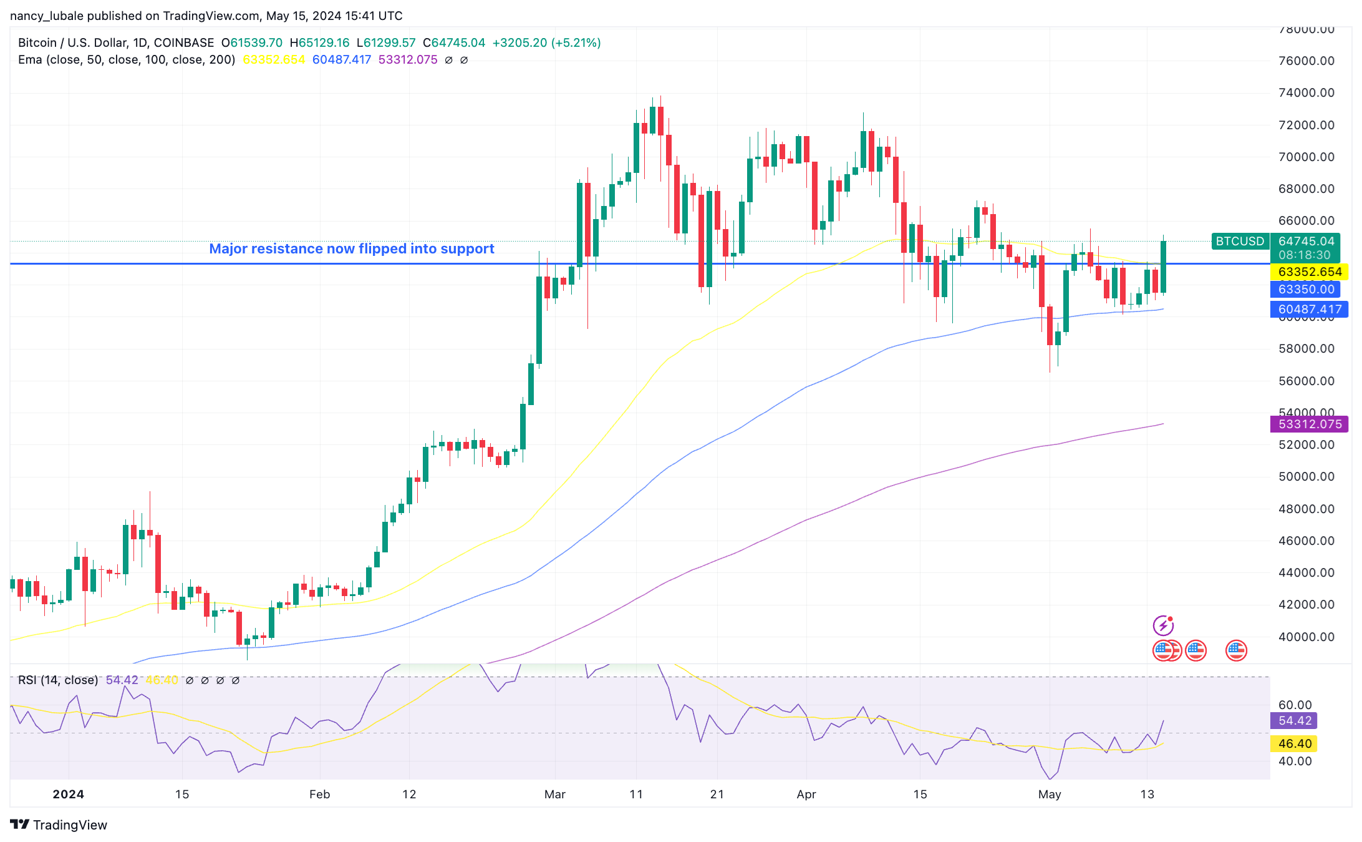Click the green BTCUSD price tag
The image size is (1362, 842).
[x=1240, y=241]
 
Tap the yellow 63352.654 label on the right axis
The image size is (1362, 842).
[x=1309, y=272]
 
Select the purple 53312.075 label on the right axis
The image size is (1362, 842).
[x=1309, y=424]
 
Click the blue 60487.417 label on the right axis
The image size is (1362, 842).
[x=1309, y=309]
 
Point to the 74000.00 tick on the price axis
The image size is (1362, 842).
[x=1306, y=93]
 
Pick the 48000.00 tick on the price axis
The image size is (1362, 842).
[x=1306, y=509]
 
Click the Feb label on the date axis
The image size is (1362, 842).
[x=319, y=794]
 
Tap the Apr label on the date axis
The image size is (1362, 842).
[x=806, y=794]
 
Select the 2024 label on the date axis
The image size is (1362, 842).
[x=68, y=794]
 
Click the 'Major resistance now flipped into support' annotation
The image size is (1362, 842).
[x=352, y=248]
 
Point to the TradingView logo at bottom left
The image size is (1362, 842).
[x=59, y=825]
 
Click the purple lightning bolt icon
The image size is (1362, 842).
[x=1163, y=625]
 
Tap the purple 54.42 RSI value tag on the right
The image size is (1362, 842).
[x=1295, y=721]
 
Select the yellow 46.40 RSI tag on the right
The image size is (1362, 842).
[x=1295, y=743]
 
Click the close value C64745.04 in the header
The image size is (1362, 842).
[x=454, y=42]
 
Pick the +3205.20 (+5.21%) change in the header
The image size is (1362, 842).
[x=546, y=42]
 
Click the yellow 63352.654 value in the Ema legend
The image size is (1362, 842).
[x=274, y=59]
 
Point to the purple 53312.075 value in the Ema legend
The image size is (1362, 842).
[x=408, y=59]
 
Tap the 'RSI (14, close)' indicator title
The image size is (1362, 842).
[x=58, y=680]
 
